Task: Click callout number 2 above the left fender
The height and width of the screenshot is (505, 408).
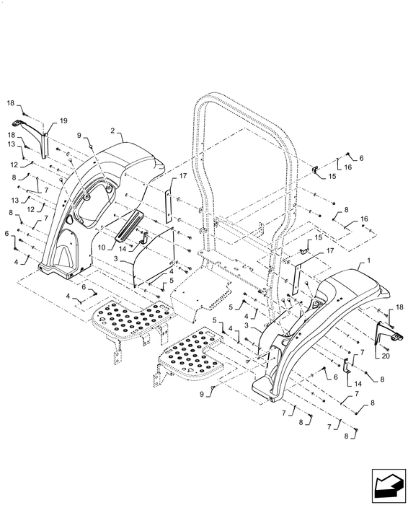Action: (112, 132)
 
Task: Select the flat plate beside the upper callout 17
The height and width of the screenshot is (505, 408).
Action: (171, 206)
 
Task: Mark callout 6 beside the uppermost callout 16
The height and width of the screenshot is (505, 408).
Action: (361, 157)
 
